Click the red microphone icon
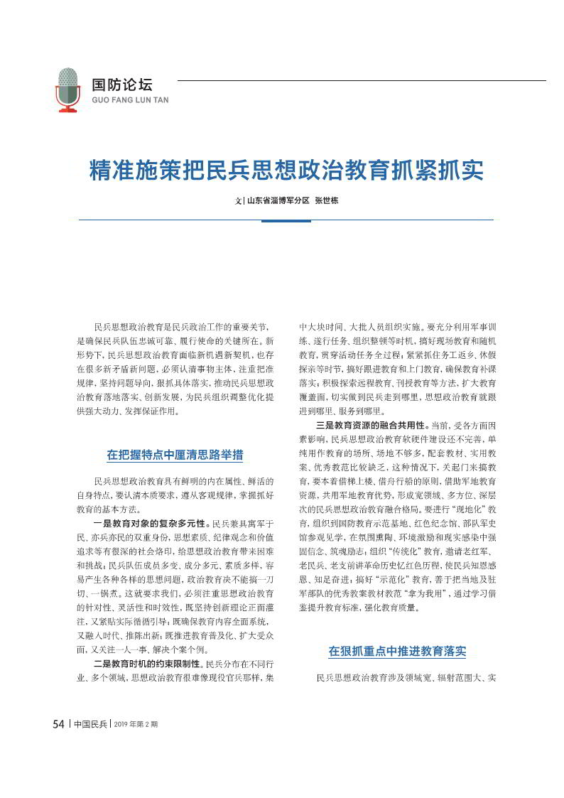point(68,90)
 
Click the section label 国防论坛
point(122,84)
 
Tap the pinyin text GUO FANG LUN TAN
point(131,101)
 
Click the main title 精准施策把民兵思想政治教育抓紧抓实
point(286,171)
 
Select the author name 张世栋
point(327,200)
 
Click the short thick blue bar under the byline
point(286,220)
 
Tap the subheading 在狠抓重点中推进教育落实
point(397,651)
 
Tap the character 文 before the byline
point(238,200)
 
